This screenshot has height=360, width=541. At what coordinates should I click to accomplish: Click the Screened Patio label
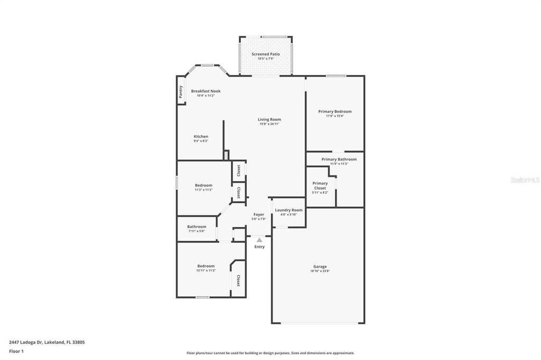pyautogui.click(x=265, y=54)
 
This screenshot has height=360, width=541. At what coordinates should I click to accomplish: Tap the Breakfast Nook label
pyautogui.click(x=206, y=91)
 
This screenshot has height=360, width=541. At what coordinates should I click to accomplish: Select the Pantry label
pyautogui.click(x=181, y=92)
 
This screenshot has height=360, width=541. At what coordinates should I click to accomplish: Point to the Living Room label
pyautogui.click(x=269, y=119)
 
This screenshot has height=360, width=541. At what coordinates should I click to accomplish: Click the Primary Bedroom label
pyautogui.click(x=334, y=111)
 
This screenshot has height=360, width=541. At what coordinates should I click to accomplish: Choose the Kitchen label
pyautogui.click(x=201, y=137)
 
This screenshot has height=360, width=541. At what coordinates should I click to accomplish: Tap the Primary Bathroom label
pyautogui.click(x=339, y=159)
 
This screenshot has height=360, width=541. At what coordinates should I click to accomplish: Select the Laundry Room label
pyautogui.click(x=288, y=210)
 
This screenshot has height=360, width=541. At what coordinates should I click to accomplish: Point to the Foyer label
pyautogui.click(x=258, y=214)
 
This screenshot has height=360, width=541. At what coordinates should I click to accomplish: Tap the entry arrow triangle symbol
pyautogui.click(x=259, y=240)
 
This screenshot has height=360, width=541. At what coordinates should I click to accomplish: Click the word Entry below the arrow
pyautogui.click(x=259, y=247)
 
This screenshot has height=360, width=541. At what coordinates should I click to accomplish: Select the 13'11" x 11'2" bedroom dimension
pyautogui.click(x=206, y=270)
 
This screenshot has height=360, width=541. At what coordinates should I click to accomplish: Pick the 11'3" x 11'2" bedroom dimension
pyautogui.click(x=203, y=190)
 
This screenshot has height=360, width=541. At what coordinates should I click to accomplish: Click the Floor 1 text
pyautogui.click(x=16, y=351)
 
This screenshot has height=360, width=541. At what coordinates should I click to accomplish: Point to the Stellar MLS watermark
pyautogui.click(x=524, y=180)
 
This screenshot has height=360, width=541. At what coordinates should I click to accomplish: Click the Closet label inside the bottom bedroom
pyautogui.click(x=238, y=281)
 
